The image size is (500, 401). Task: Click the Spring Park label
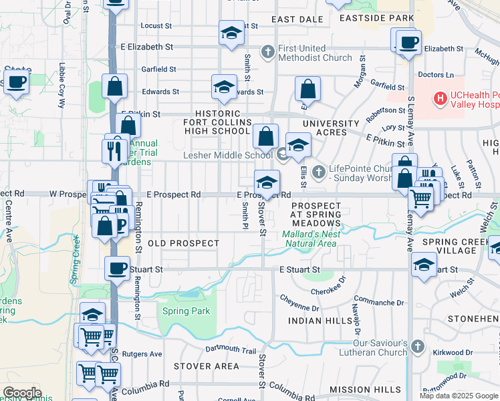click(186, 311)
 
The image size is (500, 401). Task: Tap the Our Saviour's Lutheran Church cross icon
click(418, 346)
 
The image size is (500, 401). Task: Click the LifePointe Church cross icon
click(318, 172)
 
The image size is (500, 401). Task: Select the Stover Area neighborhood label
click(206, 366)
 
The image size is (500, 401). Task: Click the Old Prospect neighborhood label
click(183, 243)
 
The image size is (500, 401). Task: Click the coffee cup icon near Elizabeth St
click(408, 43)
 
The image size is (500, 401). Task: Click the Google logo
click(22, 393)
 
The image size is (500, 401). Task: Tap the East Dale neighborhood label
click(297, 19)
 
